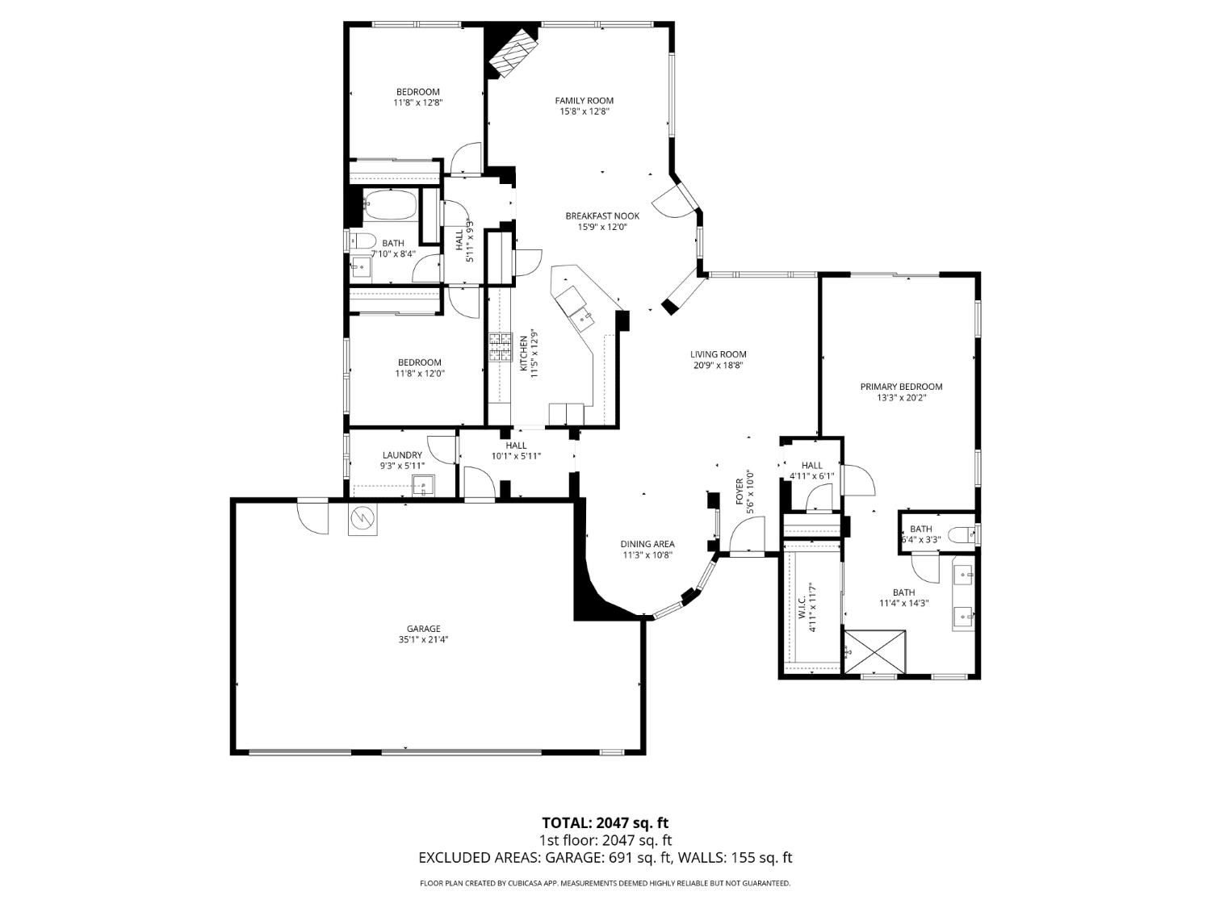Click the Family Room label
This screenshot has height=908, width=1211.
click(584, 100)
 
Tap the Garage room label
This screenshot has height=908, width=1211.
click(423, 629)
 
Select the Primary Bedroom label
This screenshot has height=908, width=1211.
click(901, 387)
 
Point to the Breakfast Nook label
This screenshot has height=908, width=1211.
click(602, 215)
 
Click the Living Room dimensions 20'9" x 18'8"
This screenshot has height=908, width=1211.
click(718, 365)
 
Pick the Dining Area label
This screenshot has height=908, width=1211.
click(647, 543)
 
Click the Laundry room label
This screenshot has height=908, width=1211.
click(401, 455)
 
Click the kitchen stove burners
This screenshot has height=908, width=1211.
click(500, 347)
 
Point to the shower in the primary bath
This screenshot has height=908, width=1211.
click(875, 652)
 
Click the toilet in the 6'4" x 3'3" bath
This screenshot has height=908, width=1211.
click(962, 534)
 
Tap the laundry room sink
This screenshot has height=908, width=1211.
click(423, 485)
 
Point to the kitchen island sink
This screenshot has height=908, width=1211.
click(581, 318)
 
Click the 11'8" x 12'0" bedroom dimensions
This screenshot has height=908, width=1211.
click(419, 373)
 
